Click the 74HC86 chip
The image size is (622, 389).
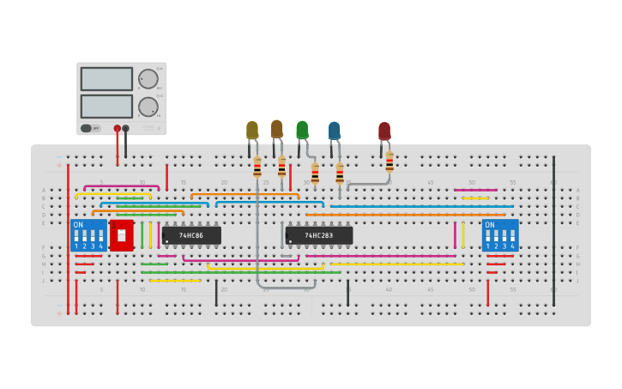point(191,235)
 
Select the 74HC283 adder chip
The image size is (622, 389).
point(318,235)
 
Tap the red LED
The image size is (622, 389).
point(384,131)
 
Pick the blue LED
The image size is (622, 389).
point(334,131)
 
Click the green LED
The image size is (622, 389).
point(302,130)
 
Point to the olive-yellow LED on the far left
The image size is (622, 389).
point(252,130)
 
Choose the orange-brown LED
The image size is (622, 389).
point(276,129)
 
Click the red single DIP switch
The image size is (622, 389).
point(121,235)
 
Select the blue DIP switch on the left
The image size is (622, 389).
point(88,234)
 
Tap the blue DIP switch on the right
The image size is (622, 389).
point(500,234)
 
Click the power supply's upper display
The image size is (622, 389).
point(106,79)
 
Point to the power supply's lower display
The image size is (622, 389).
point(106,106)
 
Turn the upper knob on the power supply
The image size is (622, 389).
point(148,79)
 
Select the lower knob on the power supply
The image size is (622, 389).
point(148,107)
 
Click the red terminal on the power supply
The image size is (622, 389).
point(118,129)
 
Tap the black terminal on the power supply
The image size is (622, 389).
point(126,129)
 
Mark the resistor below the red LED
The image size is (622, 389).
point(390,161)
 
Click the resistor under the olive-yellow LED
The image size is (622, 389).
point(257,167)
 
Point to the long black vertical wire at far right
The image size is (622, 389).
point(553,232)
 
